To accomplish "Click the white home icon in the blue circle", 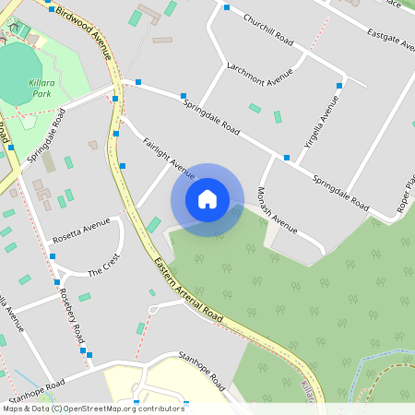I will pos(207,199).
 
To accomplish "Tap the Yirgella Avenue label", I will pos(318,128).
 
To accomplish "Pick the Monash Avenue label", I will pos(278,207).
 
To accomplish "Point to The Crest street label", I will pos(103,267).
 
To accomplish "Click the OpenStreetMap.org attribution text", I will pos(120,408).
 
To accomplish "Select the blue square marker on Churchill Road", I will pos(227,7).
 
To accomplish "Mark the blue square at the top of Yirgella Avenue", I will pos(339,86).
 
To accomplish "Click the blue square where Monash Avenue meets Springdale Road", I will pos(287,158).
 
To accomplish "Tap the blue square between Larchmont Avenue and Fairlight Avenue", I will pos(184,96).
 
